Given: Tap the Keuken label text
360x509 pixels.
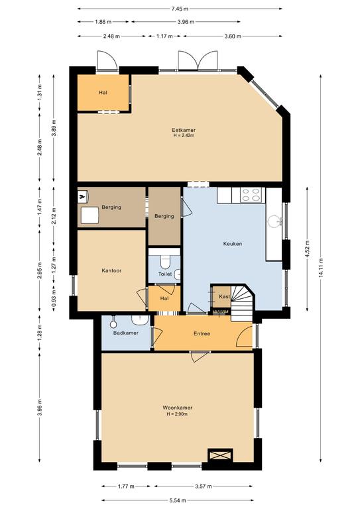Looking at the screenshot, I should (x=232, y=244).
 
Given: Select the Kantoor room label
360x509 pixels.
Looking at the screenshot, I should (x=111, y=270).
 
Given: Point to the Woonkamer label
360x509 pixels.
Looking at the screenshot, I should (x=177, y=408).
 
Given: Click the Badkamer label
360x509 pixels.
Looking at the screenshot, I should (x=125, y=333).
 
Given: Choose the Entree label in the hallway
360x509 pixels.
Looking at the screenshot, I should (x=202, y=333).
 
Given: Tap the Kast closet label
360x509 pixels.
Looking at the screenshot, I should (x=224, y=297).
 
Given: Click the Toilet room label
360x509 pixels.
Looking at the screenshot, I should (x=165, y=274).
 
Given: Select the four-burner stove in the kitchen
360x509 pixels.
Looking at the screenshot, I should (x=251, y=194).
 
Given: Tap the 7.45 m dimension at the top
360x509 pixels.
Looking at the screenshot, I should (x=179, y=9).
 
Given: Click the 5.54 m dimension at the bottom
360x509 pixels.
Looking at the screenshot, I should (x=177, y=501).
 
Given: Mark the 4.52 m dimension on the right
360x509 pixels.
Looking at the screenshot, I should (x=308, y=250).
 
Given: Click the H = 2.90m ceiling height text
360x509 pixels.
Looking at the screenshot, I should (x=177, y=414).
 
